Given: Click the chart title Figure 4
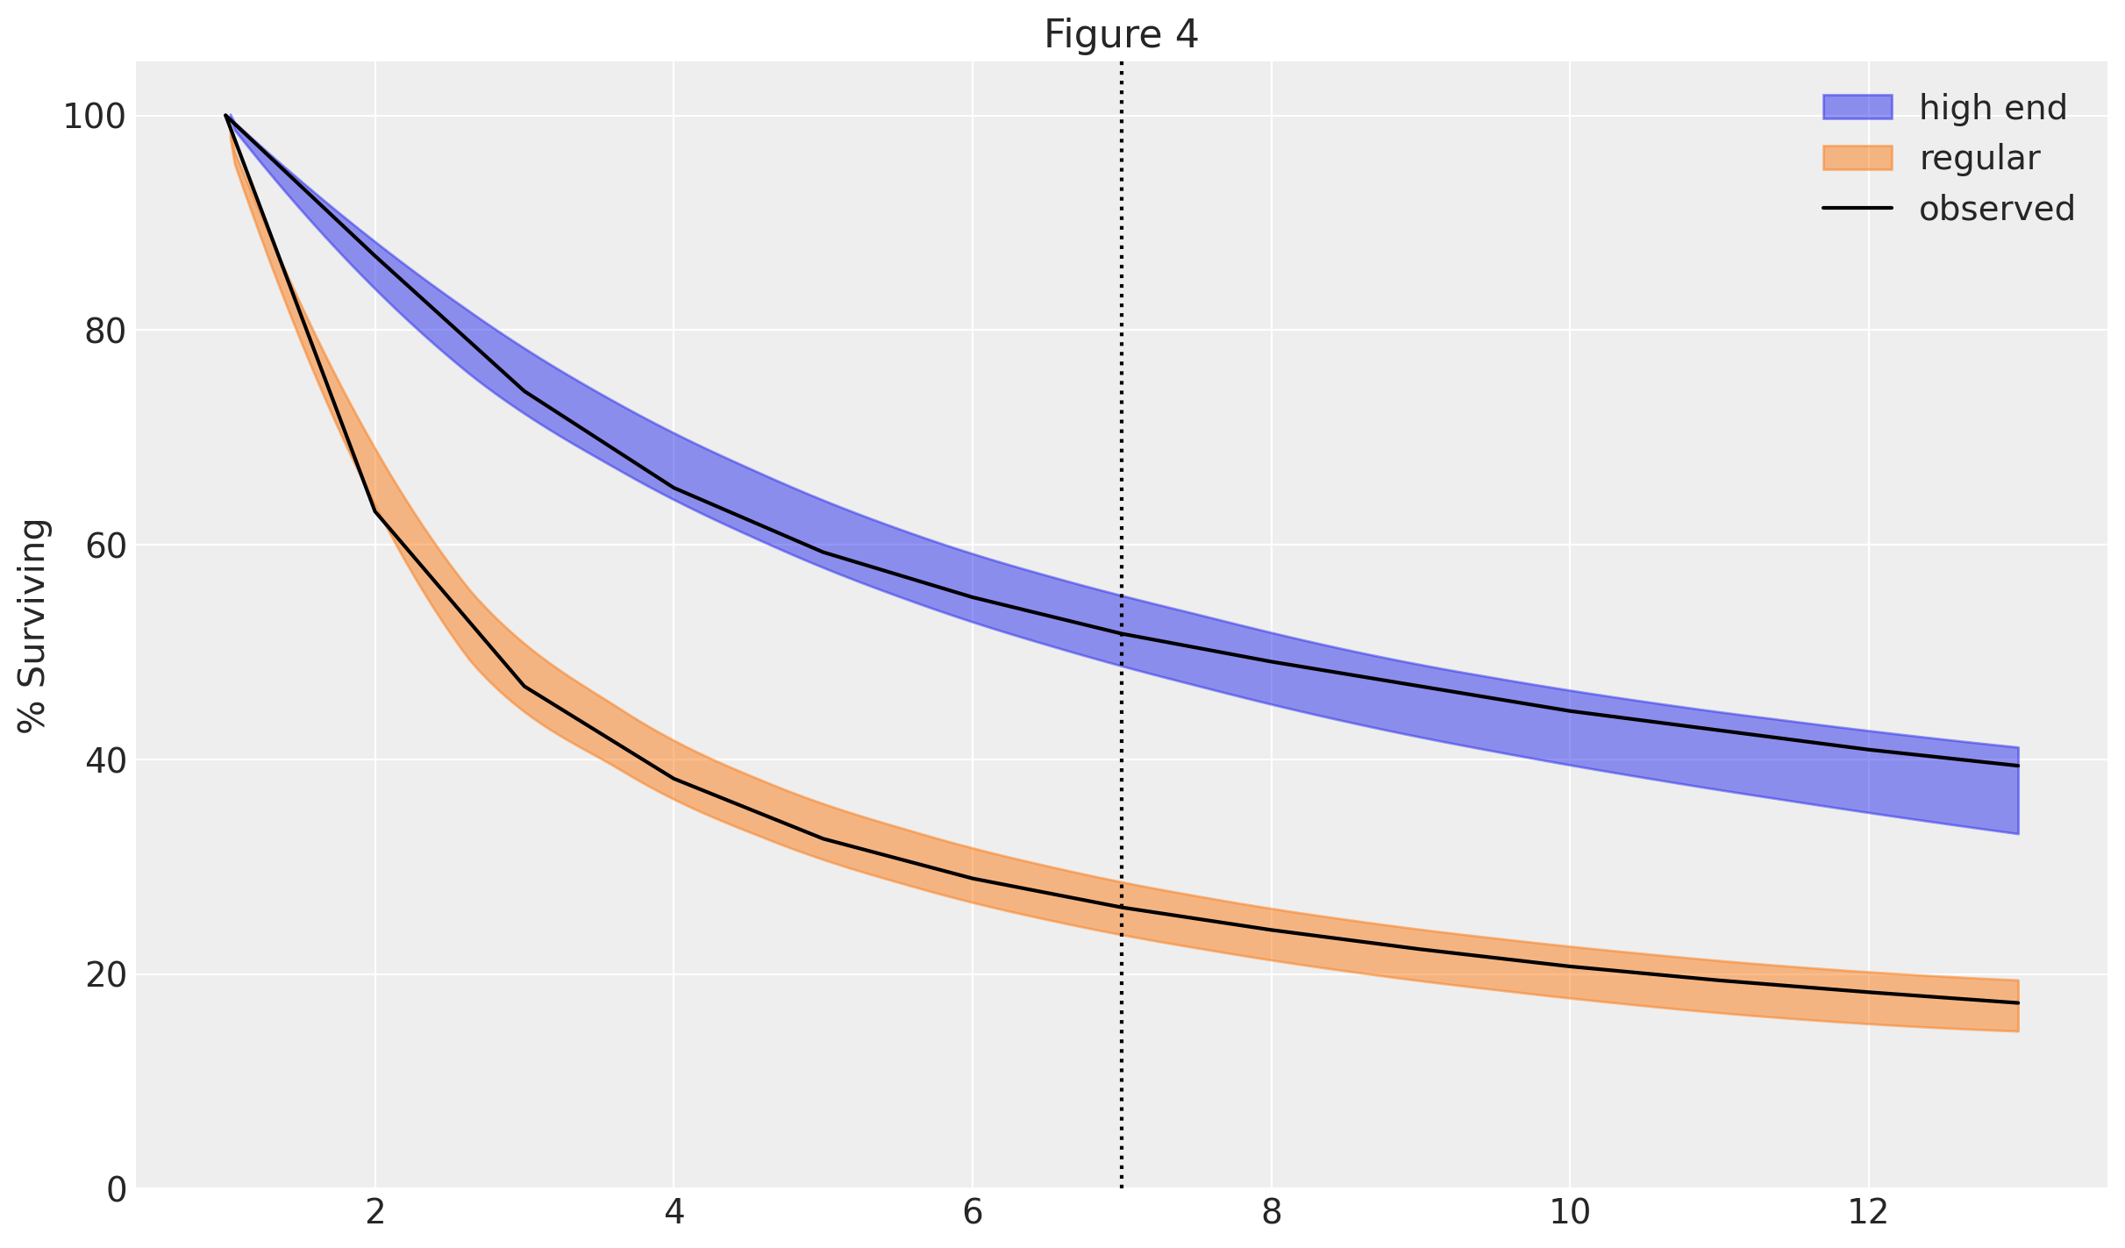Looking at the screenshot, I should [1120, 35].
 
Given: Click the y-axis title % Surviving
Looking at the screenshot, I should [33, 625].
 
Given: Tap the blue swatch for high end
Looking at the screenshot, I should [1857, 107].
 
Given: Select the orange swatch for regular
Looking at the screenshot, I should [1857, 158].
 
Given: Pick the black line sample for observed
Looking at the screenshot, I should [1857, 209].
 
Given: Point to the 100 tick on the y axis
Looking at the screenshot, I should [94, 117].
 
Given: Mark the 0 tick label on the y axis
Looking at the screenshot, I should [116, 1189].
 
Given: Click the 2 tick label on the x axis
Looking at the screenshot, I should [375, 1214].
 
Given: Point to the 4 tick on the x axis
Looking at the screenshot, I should [674, 1214].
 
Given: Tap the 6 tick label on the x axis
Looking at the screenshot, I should [973, 1214].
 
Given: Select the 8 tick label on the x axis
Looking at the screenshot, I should [1271, 1214].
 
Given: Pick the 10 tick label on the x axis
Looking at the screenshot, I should [1569, 1214].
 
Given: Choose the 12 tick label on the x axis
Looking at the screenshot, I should [1868, 1214].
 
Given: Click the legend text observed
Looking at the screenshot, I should [1996, 209].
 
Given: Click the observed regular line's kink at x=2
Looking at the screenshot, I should [375, 510].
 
